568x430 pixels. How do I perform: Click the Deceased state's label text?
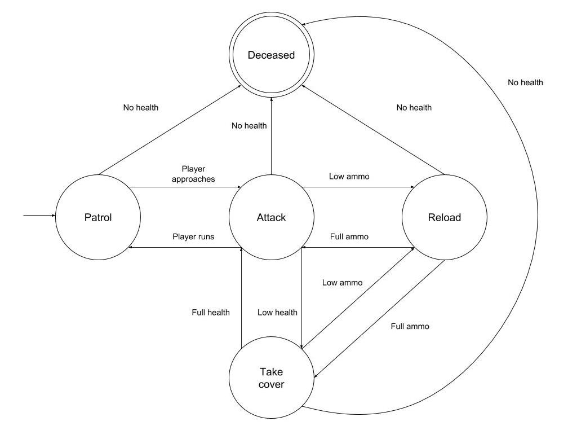point(272,55)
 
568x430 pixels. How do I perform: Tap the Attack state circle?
point(271,217)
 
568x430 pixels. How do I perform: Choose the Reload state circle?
point(444,217)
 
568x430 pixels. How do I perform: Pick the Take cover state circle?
point(271,378)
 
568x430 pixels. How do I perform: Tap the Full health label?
point(211,312)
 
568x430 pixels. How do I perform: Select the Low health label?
point(277,312)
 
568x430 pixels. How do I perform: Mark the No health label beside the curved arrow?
point(525,82)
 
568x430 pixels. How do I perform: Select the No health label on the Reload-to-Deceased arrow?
point(414,107)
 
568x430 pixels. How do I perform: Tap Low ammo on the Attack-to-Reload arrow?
point(349,177)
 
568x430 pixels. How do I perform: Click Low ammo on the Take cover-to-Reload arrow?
point(342,282)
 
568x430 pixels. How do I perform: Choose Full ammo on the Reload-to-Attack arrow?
point(349,236)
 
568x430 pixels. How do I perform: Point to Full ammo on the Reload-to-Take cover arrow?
point(410,326)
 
